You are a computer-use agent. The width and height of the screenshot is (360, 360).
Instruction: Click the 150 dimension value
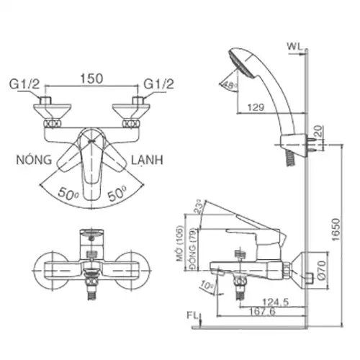pyautogui.click(x=90, y=76)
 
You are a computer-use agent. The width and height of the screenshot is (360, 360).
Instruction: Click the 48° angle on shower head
pyautogui.click(x=230, y=85)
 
